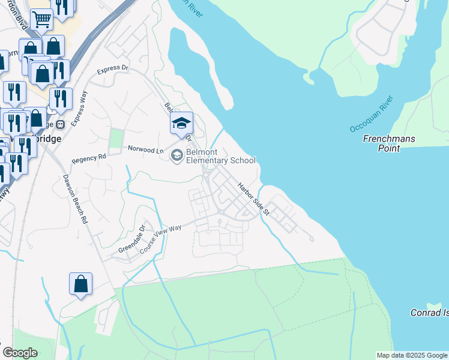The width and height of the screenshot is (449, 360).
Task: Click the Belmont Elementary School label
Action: click(221, 156)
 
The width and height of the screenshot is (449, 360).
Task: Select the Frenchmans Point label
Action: click(390, 143)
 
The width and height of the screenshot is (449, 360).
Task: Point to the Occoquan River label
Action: click(371, 114)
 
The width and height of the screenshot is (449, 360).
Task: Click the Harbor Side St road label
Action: click(254, 199)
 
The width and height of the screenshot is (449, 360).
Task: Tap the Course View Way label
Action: click(160, 236)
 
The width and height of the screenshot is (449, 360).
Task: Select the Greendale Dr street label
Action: click(132, 238)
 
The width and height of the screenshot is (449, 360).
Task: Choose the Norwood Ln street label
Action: click(145, 149)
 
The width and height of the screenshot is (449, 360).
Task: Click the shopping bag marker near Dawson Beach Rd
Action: click(80, 284)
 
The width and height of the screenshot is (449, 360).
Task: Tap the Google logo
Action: click(20, 353)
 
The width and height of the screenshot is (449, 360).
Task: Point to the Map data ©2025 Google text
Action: click(412, 355)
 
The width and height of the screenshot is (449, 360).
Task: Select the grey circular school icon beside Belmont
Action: click(176, 156)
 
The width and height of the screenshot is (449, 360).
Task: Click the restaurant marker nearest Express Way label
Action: click(61, 98)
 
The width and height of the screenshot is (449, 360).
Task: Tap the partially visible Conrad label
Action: click(429, 313)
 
